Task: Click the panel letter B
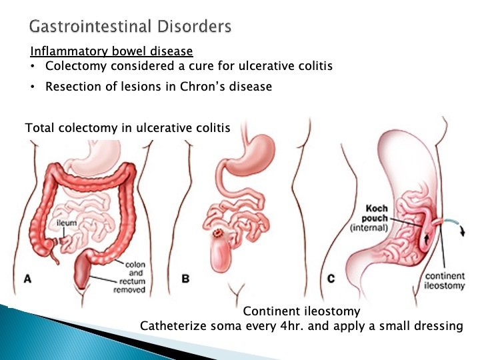[186, 279]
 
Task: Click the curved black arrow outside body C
[461, 230]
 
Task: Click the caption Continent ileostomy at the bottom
[301, 311]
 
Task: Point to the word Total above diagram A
[39, 127]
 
